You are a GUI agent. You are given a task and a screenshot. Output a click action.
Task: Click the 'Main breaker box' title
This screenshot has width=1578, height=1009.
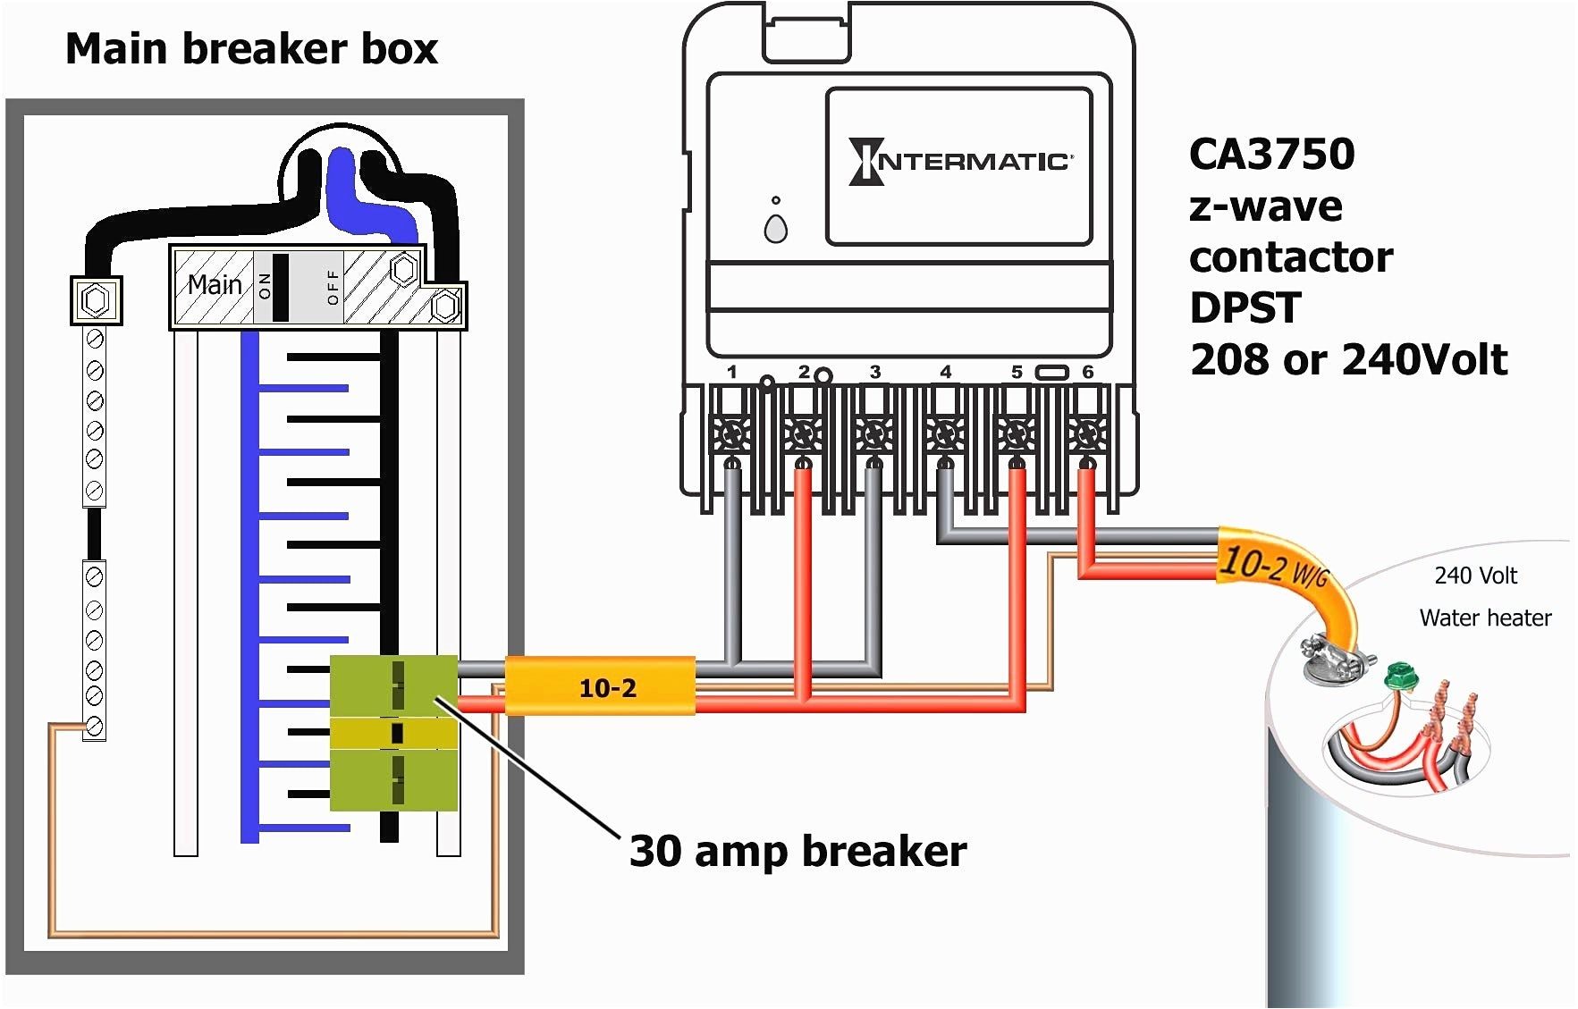(x=251, y=48)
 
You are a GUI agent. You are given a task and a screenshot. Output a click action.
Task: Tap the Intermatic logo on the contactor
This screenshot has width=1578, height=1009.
(x=960, y=162)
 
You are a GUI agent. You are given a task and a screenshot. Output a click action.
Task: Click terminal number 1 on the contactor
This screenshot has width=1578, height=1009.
(x=732, y=372)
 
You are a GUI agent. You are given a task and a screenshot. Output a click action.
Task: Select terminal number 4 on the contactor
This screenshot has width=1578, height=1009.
(x=945, y=372)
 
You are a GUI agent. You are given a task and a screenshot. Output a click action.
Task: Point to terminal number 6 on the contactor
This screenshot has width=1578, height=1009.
(x=1087, y=372)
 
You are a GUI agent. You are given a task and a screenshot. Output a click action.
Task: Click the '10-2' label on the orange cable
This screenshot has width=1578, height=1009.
(x=608, y=687)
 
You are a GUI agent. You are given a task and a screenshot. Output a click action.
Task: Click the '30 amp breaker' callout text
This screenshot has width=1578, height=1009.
(x=797, y=851)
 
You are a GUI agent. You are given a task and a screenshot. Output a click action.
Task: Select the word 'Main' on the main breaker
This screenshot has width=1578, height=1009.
(x=215, y=285)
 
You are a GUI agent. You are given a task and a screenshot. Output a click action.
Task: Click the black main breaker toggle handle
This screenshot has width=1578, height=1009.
(x=281, y=287)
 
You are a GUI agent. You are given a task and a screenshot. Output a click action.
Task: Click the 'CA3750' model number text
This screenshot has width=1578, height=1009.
(x=1271, y=155)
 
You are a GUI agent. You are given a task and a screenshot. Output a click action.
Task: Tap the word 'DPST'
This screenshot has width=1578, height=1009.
(x=1245, y=308)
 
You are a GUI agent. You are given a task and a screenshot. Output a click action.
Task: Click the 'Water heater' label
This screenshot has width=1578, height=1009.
(x=1485, y=618)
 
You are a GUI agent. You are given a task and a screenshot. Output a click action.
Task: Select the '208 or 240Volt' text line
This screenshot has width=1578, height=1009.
(x=1348, y=359)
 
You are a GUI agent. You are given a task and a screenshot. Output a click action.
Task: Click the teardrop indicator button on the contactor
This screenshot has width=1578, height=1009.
(x=776, y=230)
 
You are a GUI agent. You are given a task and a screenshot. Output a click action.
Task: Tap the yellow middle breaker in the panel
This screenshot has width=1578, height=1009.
(x=394, y=734)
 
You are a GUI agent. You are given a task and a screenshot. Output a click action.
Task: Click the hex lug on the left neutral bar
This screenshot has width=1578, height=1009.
(x=95, y=299)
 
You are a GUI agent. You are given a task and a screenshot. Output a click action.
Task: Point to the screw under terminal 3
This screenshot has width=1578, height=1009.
(x=873, y=435)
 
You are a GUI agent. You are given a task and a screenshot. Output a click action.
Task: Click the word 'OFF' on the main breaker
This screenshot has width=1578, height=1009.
(x=333, y=287)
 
